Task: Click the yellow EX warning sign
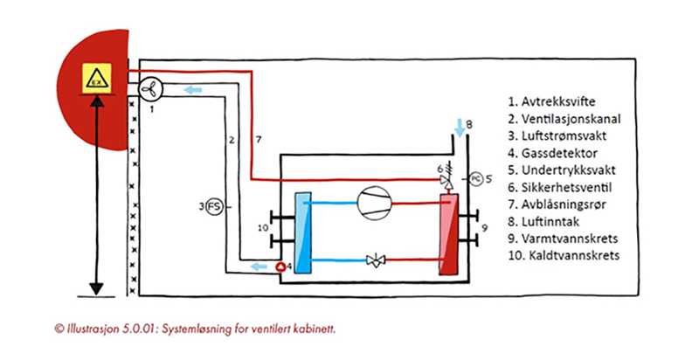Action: pos(97,78)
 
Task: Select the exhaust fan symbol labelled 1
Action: pos(150,89)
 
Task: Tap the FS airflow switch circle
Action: pos(215,207)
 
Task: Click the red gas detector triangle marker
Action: pos(280,267)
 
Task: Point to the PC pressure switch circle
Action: pos(476,178)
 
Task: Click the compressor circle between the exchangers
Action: pos(375,204)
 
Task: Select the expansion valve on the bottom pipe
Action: pos(376,260)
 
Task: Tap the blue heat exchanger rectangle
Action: pos(303,232)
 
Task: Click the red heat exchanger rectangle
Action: pos(449,234)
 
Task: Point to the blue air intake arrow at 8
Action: pos(460,128)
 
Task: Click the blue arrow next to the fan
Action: pos(193,90)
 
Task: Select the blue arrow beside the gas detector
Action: pos(258,267)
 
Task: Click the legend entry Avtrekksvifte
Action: pos(551,101)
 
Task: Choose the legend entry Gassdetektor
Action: pos(552,153)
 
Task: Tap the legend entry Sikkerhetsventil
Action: pos(559,187)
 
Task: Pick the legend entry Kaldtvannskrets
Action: pos(564,255)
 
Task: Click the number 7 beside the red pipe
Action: pos(259,140)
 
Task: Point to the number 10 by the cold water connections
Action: pos(263,228)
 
